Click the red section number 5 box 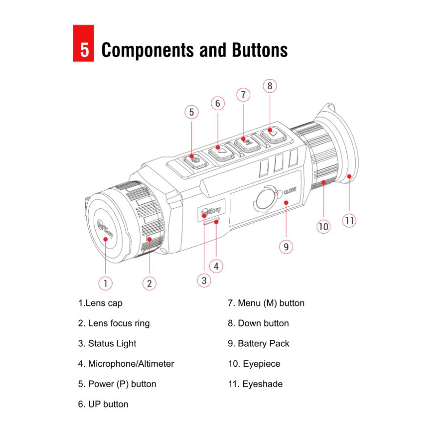83,49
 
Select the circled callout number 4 216,266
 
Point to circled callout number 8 270,86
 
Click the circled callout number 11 349,220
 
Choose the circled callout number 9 286,247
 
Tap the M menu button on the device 247,142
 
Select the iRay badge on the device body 211,210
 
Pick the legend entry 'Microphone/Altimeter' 126,364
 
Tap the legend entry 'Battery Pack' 259,343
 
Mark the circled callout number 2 149,283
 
